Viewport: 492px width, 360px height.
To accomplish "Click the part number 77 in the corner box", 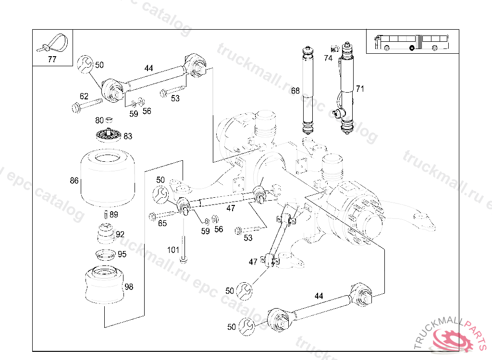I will point(52,60).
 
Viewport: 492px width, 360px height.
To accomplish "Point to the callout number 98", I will point(129,287).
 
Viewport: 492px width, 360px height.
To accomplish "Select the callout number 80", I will point(99,120).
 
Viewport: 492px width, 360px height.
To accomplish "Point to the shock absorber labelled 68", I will point(307,91).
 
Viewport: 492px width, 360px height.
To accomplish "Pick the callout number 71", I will point(360,89).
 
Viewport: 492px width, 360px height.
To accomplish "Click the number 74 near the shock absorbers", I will point(328,58).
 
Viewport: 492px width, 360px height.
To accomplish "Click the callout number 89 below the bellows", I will point(114,215).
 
